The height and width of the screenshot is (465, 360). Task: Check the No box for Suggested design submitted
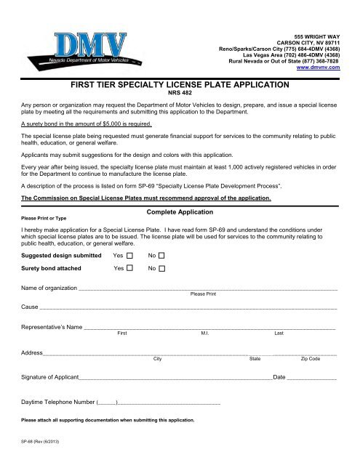point(162,256)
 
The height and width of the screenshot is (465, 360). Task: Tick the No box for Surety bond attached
point(162,268)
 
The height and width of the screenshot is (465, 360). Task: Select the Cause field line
point(189,309)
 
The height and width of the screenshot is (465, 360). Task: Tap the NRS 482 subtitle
point(179,94)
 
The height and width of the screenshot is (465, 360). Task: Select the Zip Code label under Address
point(310,359)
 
